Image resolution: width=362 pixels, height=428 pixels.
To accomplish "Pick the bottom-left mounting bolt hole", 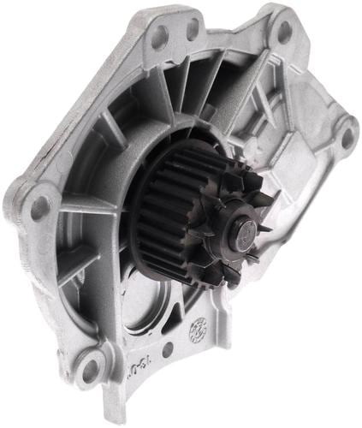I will pos(89,370).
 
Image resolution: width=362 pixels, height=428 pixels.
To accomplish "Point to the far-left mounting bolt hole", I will pos(39,206).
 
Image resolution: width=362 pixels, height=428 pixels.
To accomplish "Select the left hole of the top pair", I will pos(159,35).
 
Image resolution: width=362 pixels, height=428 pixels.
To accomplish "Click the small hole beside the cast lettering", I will pos(167,349).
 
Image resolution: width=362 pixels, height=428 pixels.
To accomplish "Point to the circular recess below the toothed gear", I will pos(150,304).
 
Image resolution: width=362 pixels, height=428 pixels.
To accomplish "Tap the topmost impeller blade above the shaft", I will pos(235,180).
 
